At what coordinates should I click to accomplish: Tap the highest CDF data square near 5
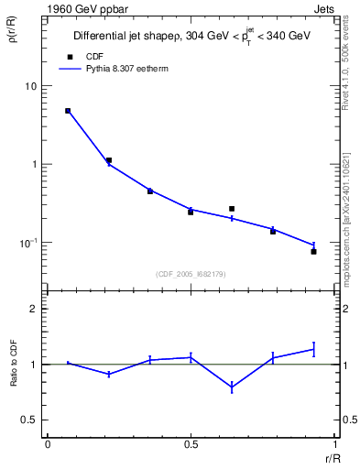[x=68, y=111]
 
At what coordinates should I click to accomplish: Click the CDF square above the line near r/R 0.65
[x=232, y=209]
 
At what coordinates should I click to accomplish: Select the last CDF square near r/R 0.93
[x=313, y=251]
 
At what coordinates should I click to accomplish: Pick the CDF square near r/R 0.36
[x=150, y=191]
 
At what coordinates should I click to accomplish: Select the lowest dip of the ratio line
[x=232, y=388]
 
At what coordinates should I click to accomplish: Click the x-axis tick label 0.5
[x=191, y=443]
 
